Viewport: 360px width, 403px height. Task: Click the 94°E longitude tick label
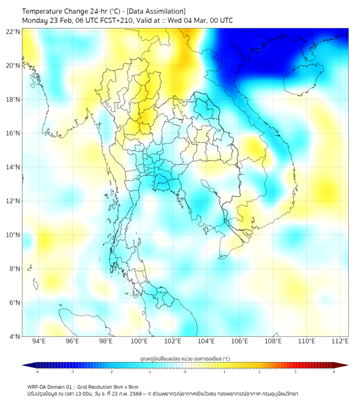point(39,342)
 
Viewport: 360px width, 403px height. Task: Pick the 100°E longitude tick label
point(139,342)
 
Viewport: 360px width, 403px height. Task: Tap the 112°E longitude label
point(340,342)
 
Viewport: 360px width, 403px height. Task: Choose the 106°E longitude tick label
point(240,342)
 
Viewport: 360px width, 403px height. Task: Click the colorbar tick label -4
point(36,372)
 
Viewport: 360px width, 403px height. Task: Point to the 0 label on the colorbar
point(185,372)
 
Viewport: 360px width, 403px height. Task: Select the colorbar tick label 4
point(334,372)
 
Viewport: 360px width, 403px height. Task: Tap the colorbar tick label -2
point(110,372)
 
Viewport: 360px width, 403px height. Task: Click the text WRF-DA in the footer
point(37,386)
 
